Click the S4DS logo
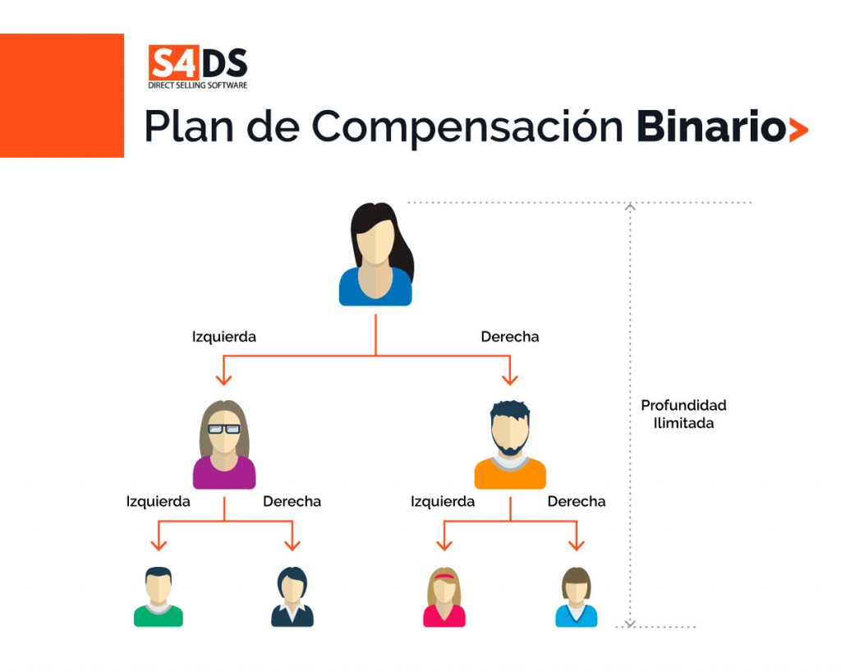[197, 67]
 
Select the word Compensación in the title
[467, 129]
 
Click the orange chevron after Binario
[797, 130]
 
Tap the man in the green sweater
[159, 597]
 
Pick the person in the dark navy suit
[292, 597]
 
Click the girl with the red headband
[444, 597]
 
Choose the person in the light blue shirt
[577, 597]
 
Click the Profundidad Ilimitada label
[683, 414]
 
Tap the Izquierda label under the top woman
[224, 337]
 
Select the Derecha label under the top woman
[510, 337]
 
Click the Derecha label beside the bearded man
[577, 501]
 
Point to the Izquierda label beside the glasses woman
[159, 501]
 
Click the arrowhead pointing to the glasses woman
[224, 379]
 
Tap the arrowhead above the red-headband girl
[444, 545]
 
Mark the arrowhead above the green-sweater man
[159, 545]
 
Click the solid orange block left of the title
[62, 95]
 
